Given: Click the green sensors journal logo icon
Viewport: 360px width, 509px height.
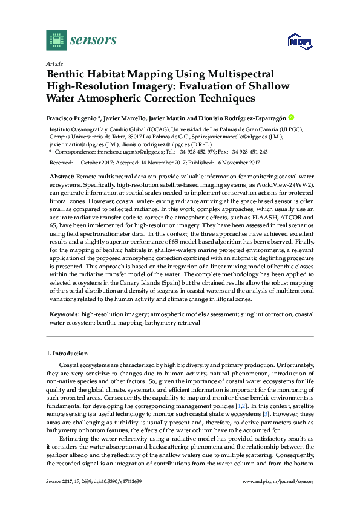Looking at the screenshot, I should pos(56,41).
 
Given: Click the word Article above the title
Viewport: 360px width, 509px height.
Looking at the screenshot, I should pos(53,63).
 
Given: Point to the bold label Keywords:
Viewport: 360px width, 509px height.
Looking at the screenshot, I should pos(64,315).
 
